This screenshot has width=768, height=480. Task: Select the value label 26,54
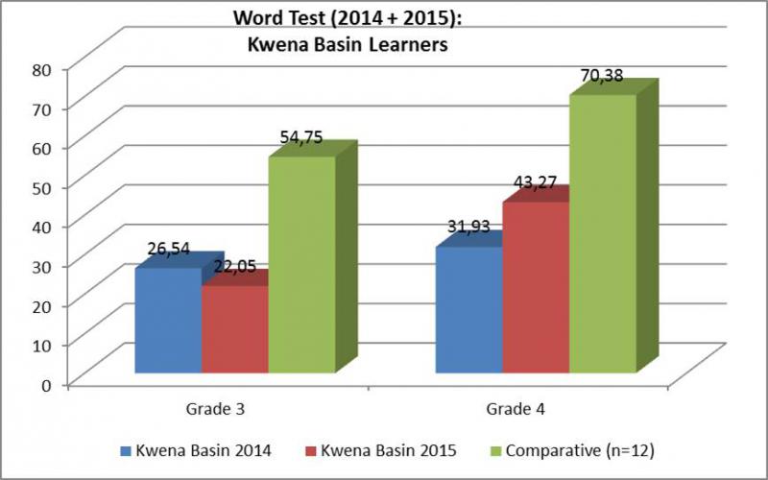pyautogui.click(x=169, y=249)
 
